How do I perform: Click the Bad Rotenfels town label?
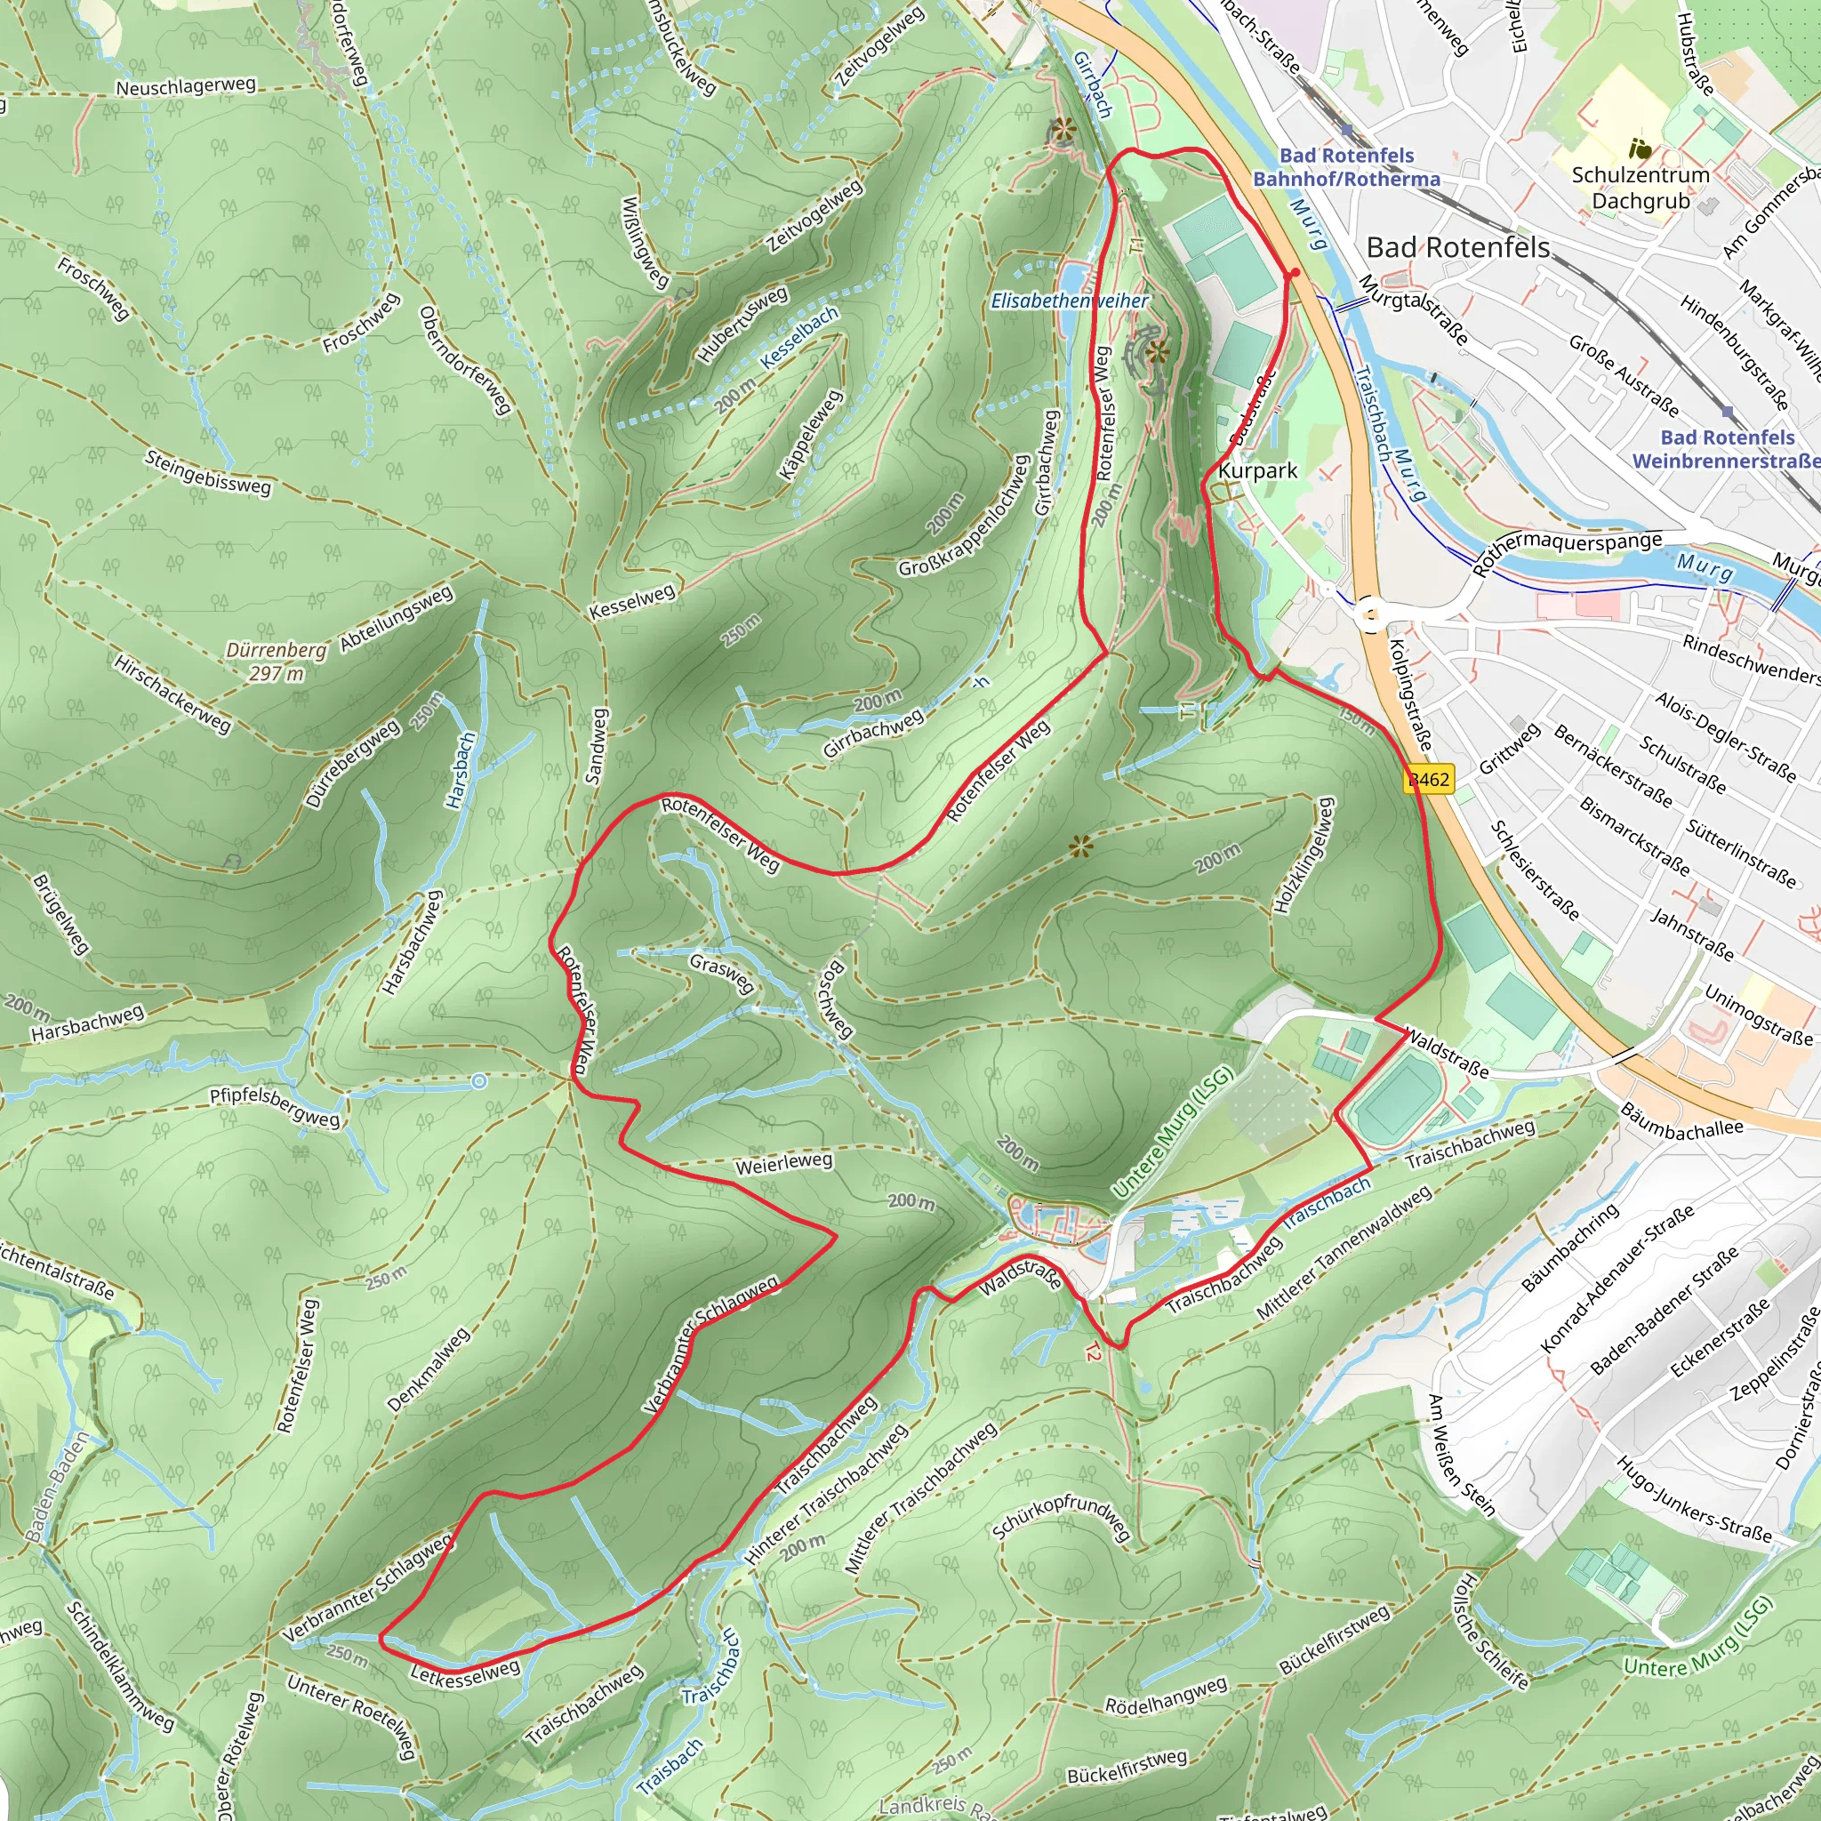1457,248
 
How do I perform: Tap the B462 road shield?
1429,780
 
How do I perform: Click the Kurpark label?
1257,470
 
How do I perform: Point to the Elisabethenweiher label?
1069,301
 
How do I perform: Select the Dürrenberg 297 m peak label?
277,662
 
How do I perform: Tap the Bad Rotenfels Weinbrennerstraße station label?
1727,449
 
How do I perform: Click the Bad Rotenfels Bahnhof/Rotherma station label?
1346,167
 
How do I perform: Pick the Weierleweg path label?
783,1163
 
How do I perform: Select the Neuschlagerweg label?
186,85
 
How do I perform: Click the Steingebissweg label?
208,472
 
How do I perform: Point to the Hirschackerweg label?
172,694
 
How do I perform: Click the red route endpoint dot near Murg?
1294,272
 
